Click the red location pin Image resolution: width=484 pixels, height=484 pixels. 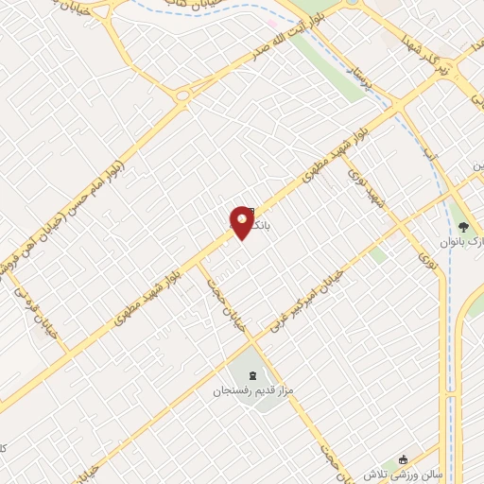[x=242, y=223]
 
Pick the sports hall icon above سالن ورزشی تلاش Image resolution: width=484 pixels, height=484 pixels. [x=405, y=456]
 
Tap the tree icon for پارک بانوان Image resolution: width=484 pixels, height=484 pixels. [x=463, y=226]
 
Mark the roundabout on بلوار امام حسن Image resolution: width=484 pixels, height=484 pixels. [x=181, y=95]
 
